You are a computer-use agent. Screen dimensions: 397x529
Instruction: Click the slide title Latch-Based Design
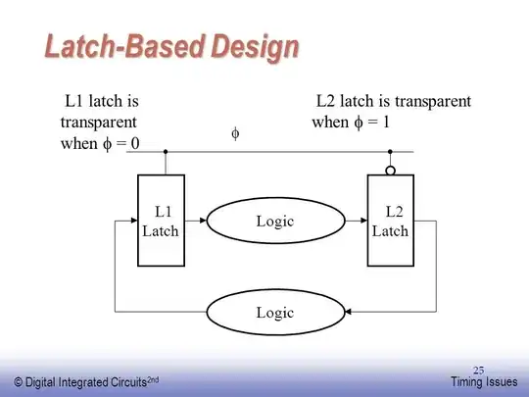(x=171, y=48)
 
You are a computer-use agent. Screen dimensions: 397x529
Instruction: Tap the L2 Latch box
(x=391, y=222)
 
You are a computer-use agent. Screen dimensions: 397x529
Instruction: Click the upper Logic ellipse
(x=275, y=222)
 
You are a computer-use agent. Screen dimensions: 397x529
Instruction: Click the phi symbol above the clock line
(x=235, y=131)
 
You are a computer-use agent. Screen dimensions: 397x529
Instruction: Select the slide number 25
(x=479, y=369)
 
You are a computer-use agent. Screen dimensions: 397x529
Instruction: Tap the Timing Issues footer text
(x=485, y=381)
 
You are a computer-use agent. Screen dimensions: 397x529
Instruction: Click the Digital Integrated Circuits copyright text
(x=86, y=381)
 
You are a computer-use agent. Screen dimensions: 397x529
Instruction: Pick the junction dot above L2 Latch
(x=391, y=152)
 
